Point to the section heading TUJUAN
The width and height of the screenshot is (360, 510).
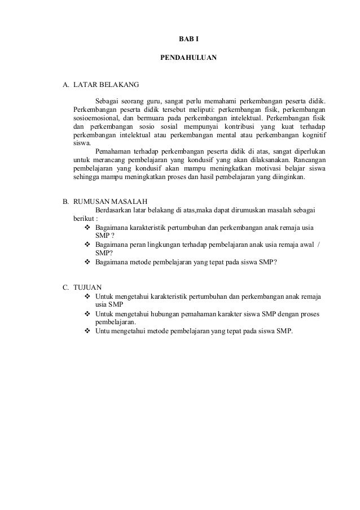[x=88, y=286]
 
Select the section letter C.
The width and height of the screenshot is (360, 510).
[x=65, y=286]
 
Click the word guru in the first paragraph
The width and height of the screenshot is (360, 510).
[x=147, y=101]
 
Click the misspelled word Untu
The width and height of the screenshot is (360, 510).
[x=103, y=330]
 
